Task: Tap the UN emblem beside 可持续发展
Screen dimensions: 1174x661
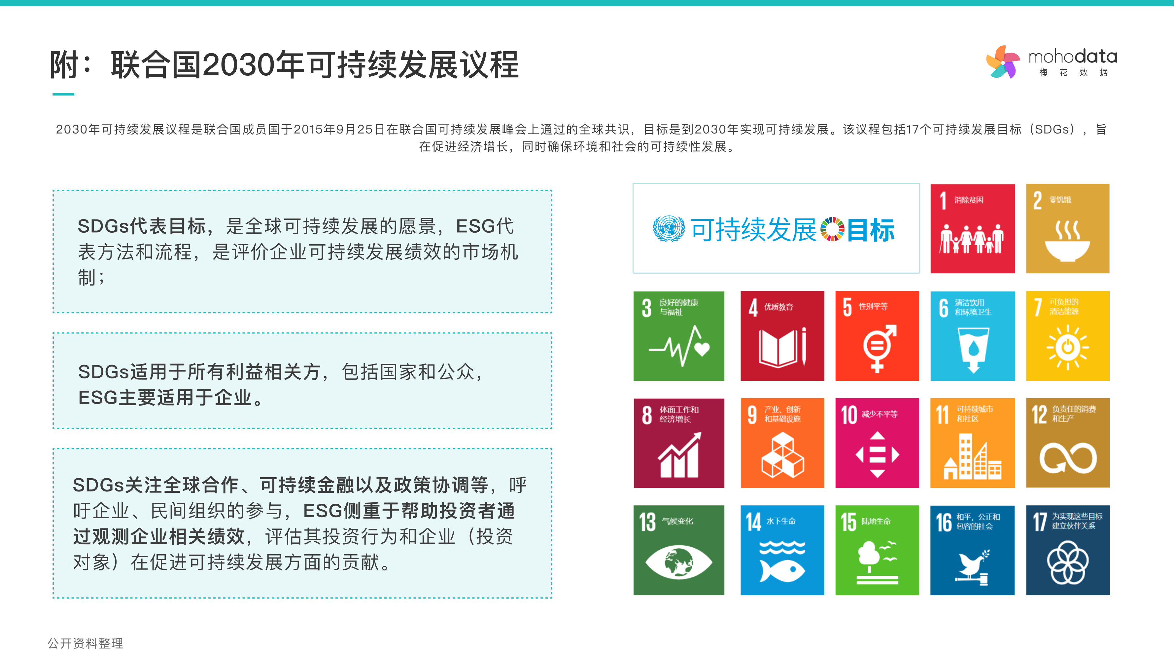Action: tap(669, 229)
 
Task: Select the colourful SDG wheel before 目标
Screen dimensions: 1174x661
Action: tap(832, 229)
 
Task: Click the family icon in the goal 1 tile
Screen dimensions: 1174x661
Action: tap(972, 239)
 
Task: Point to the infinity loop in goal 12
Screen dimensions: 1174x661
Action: tap(1068, 458)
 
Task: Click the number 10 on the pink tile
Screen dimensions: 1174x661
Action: tap(849, 415)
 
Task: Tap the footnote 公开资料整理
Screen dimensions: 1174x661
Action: tap(86, 643)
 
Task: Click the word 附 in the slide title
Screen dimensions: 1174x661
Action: tap(64, 65)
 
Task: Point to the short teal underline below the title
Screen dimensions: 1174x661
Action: tap(63, 94)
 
